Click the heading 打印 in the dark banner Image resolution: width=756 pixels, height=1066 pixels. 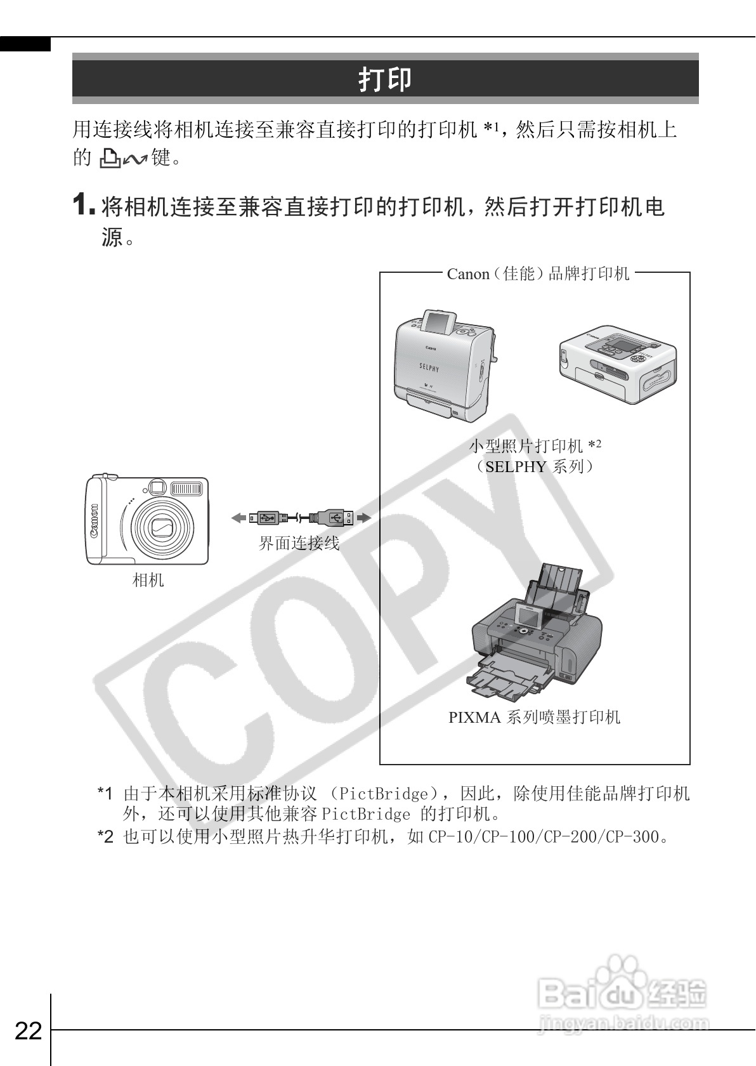[x=385, y=79]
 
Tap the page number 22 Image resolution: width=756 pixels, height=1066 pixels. [x=28, y=1030]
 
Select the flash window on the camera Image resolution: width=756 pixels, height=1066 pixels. [x=186, y=489]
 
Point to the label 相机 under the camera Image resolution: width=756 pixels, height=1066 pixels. [x=148, y=580]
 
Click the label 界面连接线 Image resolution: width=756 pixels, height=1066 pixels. [x=299, y=543]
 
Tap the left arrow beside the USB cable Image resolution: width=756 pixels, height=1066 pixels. [x=238, y=518]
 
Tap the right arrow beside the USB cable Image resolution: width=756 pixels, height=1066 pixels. [x=363, y=518]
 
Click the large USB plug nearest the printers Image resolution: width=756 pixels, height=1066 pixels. [x=335, y=518]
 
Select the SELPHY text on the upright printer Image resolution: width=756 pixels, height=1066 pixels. [x=429, y=367]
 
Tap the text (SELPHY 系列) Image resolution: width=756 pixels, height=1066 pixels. [x=535, y=467]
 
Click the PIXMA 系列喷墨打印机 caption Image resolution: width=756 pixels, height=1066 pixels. [x=534, y=718]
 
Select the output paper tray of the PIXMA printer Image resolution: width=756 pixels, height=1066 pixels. [x=504, y=679]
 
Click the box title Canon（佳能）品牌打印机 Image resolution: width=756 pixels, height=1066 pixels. [x=538, y=274]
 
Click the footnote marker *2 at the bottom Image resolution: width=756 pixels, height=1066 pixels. [x=105, y=837]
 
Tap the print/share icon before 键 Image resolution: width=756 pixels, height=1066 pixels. [x=122, y=159]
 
